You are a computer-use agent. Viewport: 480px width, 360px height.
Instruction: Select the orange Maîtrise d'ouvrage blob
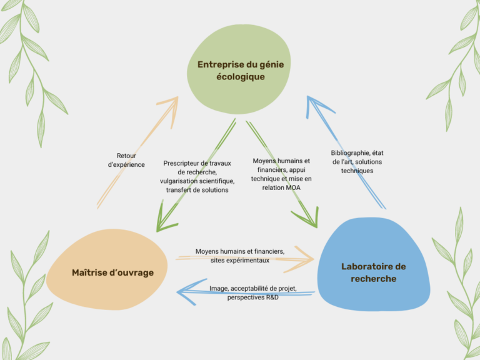107,269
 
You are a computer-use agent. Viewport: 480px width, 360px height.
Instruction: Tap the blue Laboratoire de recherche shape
374,264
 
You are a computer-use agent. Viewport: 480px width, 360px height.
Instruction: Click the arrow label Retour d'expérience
126,160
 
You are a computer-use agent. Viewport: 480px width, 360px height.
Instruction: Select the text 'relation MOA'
281,187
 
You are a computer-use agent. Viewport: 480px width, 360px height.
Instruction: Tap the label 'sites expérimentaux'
240,261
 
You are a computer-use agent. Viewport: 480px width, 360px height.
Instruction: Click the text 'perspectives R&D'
253,297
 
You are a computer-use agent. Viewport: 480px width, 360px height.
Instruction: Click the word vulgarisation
177,181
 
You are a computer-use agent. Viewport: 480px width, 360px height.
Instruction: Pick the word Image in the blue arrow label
219,288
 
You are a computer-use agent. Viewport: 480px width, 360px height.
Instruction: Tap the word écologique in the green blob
241,76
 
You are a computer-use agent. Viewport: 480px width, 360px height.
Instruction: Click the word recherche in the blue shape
374,279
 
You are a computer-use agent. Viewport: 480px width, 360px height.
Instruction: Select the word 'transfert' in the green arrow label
177,190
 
